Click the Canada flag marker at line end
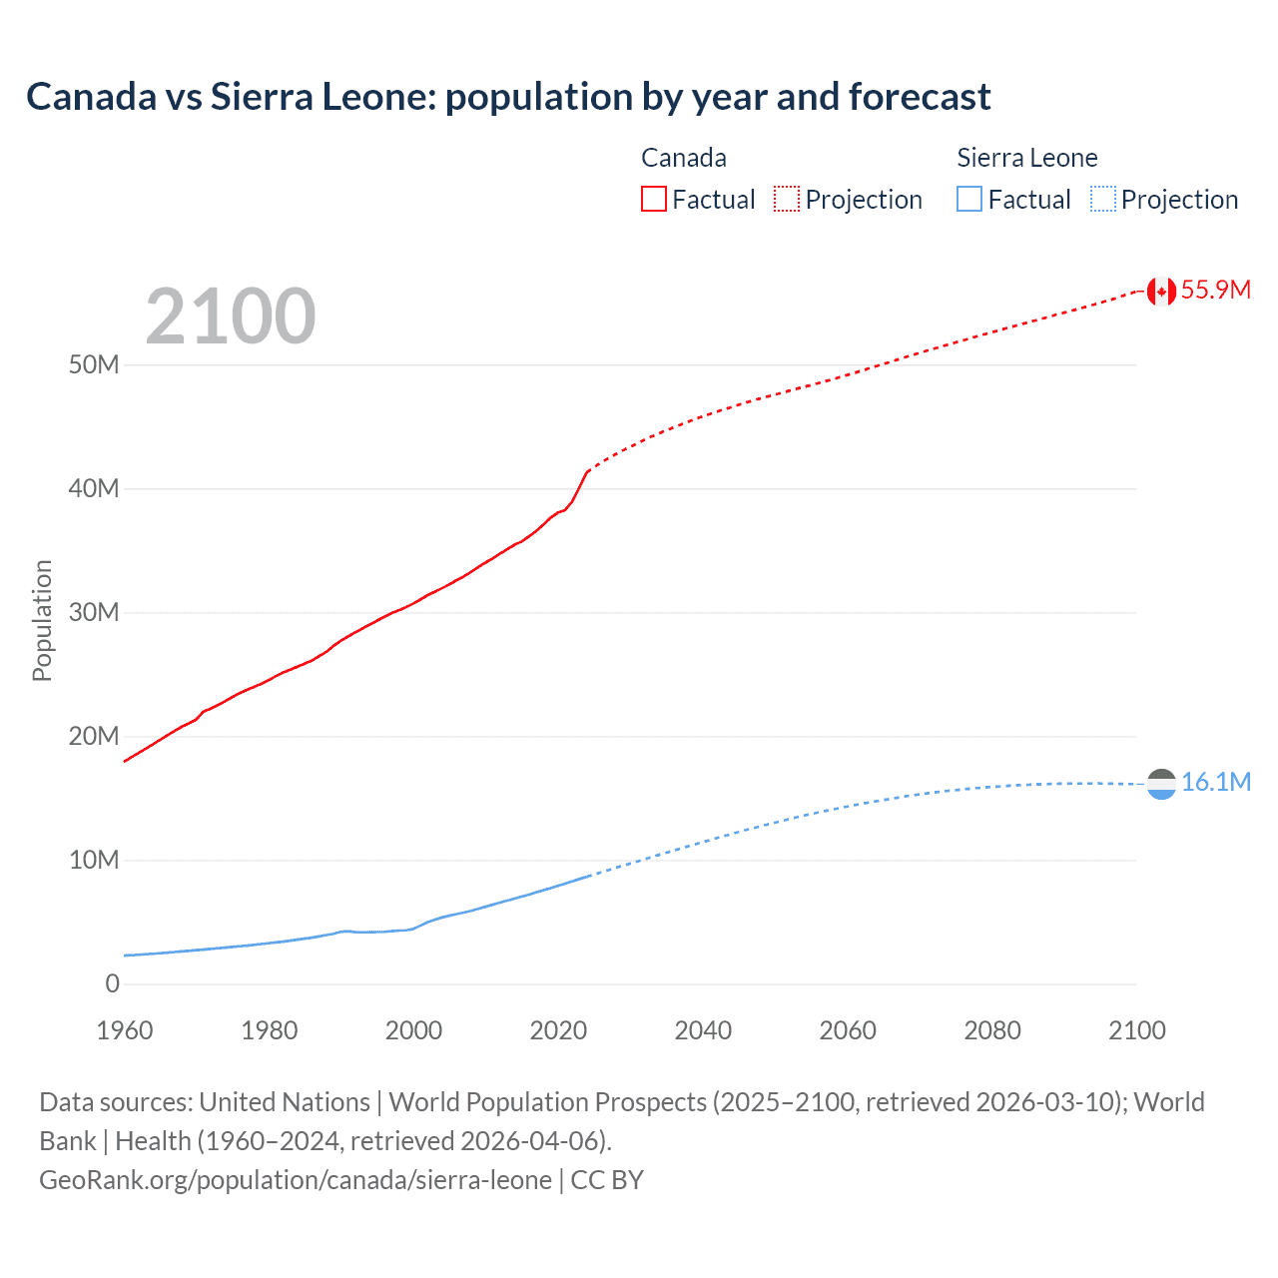(1160, 291)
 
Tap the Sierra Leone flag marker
(1160, 784)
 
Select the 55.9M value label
(1215, 291)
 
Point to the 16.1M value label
(1215, 783)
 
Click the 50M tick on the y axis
(94, 365)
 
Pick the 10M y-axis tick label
(94, 861)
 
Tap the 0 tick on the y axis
(112, 984)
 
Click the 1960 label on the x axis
(125, 1031)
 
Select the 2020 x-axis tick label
(558, 1031)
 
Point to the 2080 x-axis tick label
(992, 1031)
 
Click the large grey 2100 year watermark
(231, 317)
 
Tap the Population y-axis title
(42, 620)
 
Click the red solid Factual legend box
(654, 200)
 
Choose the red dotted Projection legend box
(787, 200)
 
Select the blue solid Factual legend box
(969, 200)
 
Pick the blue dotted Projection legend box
(1103, 200)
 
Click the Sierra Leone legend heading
(1026, 158)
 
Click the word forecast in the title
(920, 97)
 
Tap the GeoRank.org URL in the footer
(296, 1180)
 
